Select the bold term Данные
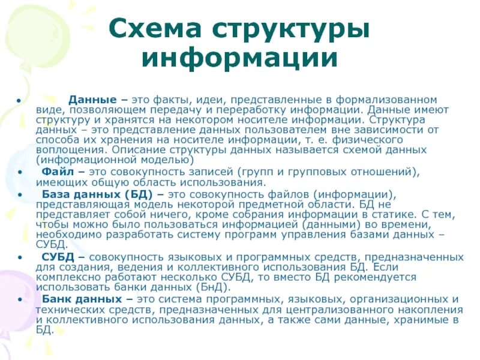pos(92,99)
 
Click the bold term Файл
pos(58,171)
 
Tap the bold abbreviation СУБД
pos(58,257)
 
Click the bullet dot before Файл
pos(22,172)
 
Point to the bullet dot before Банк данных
pos(22,299)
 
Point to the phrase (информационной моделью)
pos(114,160)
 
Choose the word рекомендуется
pos(371,277)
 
